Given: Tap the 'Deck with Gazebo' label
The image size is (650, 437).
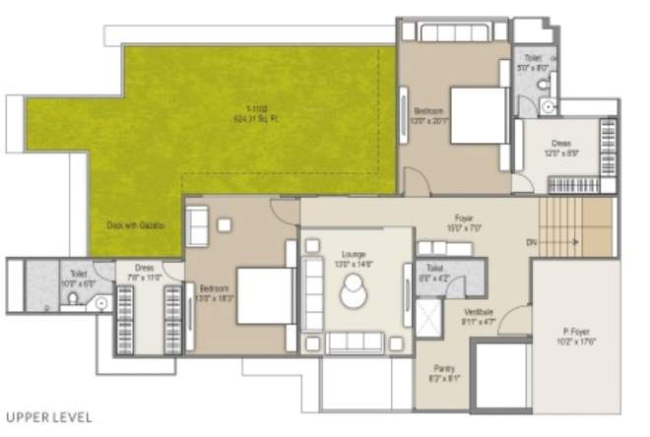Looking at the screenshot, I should pos(136,224).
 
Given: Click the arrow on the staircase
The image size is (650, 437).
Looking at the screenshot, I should pos(578,240).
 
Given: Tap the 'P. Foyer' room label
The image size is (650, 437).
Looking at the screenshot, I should pos(578,338).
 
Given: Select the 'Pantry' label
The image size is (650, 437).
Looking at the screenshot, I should pos(443,371).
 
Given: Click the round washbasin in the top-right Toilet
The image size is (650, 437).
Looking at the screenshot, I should pos(549,105).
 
